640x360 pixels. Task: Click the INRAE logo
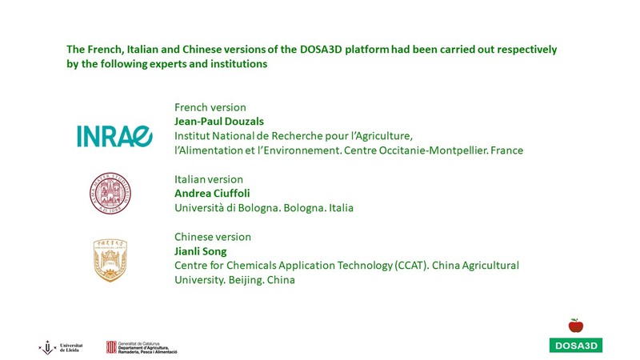[x=114, y=136]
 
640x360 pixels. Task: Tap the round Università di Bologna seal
[x=110, y=193]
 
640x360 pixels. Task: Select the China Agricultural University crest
[x=110, y=260]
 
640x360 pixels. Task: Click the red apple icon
[x=576, y=326]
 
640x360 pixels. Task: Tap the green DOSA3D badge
[x=576, y=346]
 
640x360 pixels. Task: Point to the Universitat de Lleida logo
[x=61, y=347]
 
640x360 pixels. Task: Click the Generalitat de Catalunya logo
[x=142, y=347]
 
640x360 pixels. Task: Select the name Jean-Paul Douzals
[x=219, y=122]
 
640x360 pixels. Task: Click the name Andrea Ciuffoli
[x=212, y=193]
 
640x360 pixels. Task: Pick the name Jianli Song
[x=201, y=251]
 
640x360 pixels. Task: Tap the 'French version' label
[x=210, y=107]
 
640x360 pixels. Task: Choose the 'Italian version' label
[x=209, y=179]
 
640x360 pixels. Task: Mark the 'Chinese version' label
[x=213, y=237]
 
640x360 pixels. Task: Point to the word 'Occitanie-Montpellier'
[x=433, y=150]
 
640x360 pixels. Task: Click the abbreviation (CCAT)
[x=411, y=266]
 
